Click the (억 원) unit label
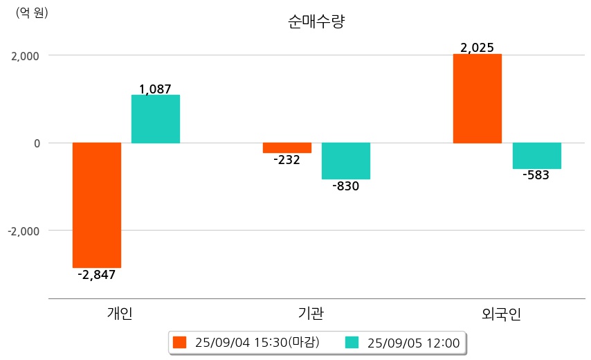32,12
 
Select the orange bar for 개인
97,205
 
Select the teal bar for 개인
156,119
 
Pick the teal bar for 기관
346,161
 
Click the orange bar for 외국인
478,98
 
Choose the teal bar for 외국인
537,156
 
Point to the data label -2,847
97,275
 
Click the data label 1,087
155,89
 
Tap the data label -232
287,160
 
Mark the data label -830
346,186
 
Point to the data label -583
536,175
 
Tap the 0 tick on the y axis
37,143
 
